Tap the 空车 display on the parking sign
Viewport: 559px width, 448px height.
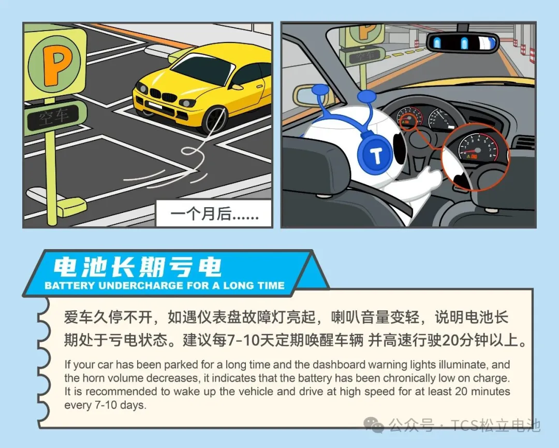[54, 116]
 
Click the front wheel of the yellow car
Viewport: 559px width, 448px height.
[215, 119]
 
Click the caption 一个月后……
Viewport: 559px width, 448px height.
[214, 214]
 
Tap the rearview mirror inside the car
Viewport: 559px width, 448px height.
[462, 42]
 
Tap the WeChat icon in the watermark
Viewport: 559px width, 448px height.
[373, 426]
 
